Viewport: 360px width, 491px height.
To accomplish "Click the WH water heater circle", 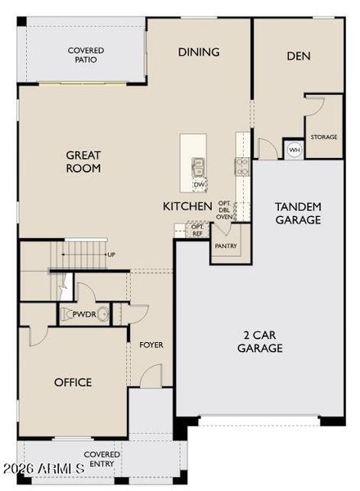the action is tap(295, 150).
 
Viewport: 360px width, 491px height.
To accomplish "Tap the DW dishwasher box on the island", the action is tap(199, 185).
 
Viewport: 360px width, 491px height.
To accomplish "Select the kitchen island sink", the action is tap(198, 167).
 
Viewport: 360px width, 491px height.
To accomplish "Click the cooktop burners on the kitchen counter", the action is tap(242, 167).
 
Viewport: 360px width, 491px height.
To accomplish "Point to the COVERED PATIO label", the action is tap(86, 55).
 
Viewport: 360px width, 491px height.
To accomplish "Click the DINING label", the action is tap(199, 52).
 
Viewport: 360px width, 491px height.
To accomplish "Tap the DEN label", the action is tap(299, 56).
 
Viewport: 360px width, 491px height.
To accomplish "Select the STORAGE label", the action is tap(324, 137).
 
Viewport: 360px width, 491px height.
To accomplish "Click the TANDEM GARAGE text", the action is tap(298, 214).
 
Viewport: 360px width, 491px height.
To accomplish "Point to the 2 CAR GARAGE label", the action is tap(260, 341).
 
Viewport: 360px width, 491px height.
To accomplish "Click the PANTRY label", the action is tap(226, 246).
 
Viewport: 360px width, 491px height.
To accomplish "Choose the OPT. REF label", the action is tap(197, 230).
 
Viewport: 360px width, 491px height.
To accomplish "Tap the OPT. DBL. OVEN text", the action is tap(224, 209).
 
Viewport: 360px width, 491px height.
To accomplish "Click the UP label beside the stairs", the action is tap(111, 255).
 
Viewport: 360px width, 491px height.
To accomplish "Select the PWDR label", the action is tap(84, 314).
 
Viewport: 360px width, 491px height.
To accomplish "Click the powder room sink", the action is tap(102, 314).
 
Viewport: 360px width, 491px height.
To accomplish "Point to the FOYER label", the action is tap(151, 345).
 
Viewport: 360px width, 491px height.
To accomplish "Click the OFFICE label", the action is tap(73, 382).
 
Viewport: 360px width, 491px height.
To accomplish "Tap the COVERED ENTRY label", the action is tap(101, 459).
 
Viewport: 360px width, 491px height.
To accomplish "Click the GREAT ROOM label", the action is tap(83, 161).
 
